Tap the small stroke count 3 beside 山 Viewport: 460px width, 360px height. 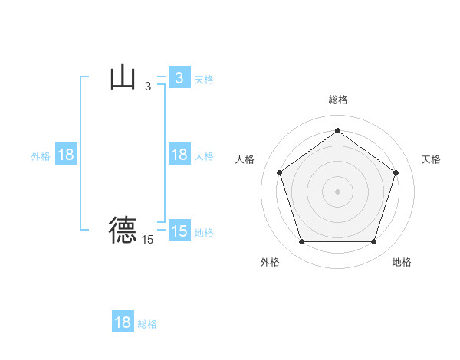[x=148, y=87]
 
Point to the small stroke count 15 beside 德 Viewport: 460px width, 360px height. [x=148, y=240]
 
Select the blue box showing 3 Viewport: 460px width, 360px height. [x=179, y=78]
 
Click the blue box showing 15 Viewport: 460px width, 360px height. [x=179, y=231]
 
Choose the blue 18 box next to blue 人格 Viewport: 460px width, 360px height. [x=179, y=155]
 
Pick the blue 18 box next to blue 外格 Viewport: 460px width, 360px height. [x=66, y=155]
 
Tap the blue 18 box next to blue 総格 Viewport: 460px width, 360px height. [x=123, y=322]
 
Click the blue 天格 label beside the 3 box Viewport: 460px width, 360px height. [x=204, y=79]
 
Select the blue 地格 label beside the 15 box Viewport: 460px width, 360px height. [x=204, y=232]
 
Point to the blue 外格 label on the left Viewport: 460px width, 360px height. [x=41, y=155]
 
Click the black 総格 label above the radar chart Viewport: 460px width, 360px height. [x=337, y=100]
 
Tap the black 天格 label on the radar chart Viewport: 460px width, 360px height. [x=432, y=159]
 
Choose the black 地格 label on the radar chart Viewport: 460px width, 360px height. [x=402, y=262]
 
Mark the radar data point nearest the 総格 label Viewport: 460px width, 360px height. [x=337, y=131]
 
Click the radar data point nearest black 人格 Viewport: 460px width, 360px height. [x=279, y=172]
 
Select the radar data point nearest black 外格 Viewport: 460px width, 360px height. [x=301, y=242]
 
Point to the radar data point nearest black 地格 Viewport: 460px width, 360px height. [x=373, y=242]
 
